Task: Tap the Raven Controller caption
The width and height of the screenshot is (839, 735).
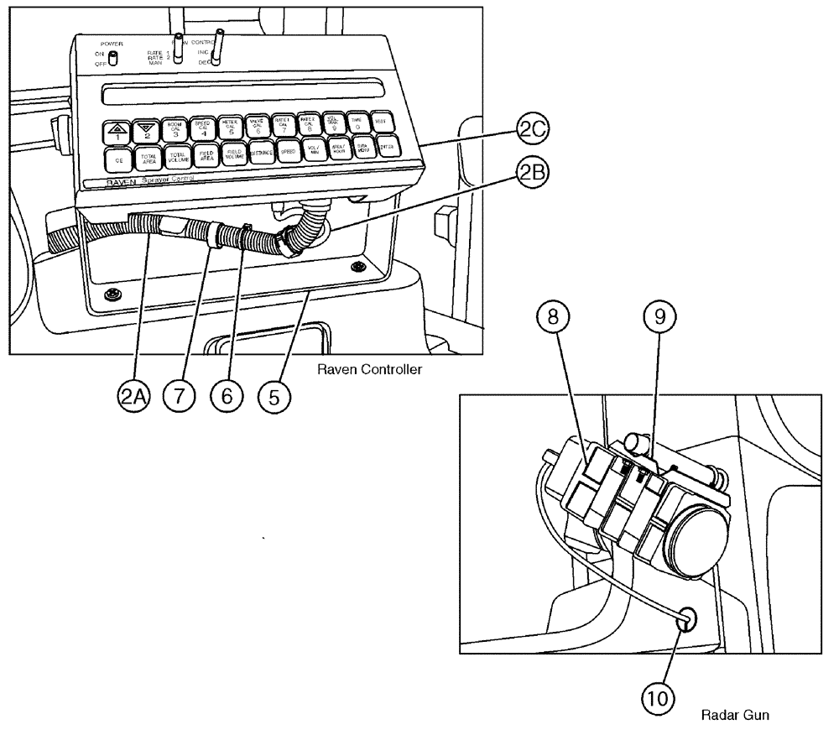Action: coord(374,369)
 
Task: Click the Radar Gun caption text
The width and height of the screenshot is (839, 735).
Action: coord(726,716)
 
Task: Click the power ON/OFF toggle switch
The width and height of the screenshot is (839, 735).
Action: coord(112,57)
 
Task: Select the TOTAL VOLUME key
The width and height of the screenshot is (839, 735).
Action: coord(177,156)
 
